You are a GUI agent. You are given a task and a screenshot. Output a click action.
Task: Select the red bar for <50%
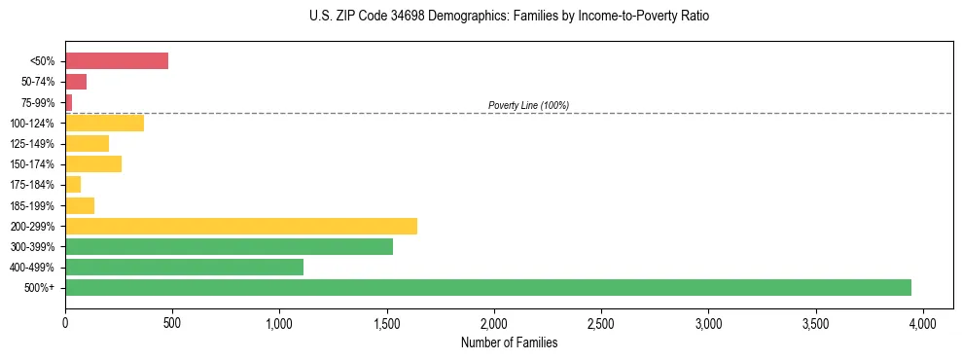(x=117, y=60)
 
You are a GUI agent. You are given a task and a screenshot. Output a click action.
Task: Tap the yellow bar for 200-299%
(x=241, y=226)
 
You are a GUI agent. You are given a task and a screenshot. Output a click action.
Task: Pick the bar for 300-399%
(x=229, y=246)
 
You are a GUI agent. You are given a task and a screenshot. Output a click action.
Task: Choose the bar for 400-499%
(x=184, y=267)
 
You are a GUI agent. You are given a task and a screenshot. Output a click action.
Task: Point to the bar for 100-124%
(x=104, y=123)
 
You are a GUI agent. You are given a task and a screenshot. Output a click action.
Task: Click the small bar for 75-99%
(x=69, y=102)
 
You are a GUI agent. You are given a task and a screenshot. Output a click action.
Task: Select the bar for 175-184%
(x=73, y=184)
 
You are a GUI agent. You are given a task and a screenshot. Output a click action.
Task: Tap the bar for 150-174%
(x=93, y=163)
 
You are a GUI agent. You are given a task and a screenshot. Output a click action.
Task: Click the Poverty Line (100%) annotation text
(x=528, y=105)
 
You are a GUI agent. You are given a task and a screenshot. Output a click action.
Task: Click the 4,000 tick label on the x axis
(x=923, y=322)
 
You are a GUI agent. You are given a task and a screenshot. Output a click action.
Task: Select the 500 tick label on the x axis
(x=172, y=322)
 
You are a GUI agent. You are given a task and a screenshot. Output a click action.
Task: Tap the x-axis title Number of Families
(x=509, y=342)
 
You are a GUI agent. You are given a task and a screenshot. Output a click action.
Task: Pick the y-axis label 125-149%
(x=32, y=144)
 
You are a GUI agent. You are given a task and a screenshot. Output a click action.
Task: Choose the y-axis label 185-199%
(x=32, y=205)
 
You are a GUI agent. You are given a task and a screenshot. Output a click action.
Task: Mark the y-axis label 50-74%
(x=37, y=82)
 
